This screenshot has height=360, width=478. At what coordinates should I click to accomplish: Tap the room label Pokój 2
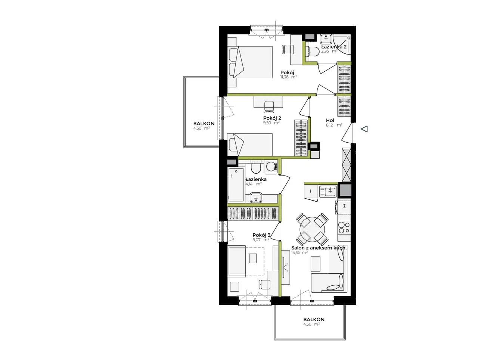coord(272,118)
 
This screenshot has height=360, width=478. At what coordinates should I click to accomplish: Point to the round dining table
coord(312,229)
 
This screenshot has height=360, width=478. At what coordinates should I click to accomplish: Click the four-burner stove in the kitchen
coord(344,227)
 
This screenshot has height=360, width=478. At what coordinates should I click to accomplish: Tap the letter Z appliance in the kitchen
coord(344,206)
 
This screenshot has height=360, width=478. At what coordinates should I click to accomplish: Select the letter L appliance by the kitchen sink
coord(311,192)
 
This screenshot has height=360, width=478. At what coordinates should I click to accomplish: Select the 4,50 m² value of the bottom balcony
coord(311,324)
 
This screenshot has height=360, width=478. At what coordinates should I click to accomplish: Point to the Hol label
coord(330,120)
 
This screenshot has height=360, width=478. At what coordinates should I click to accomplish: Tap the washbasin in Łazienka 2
coord(326,39)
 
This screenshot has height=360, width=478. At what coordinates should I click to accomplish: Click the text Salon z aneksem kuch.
coord(319,248)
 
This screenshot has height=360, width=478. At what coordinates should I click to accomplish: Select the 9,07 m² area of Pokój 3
coord(261,240)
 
